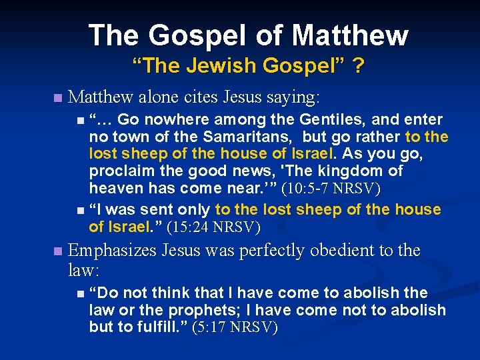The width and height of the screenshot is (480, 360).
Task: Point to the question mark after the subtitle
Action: pyautogui.click(x=358, y=66)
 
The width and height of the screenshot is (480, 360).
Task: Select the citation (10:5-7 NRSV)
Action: pyautogui.click(x=331, y=189)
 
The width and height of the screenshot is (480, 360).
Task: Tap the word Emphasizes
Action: pyautogui.click(x=111, y=251)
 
